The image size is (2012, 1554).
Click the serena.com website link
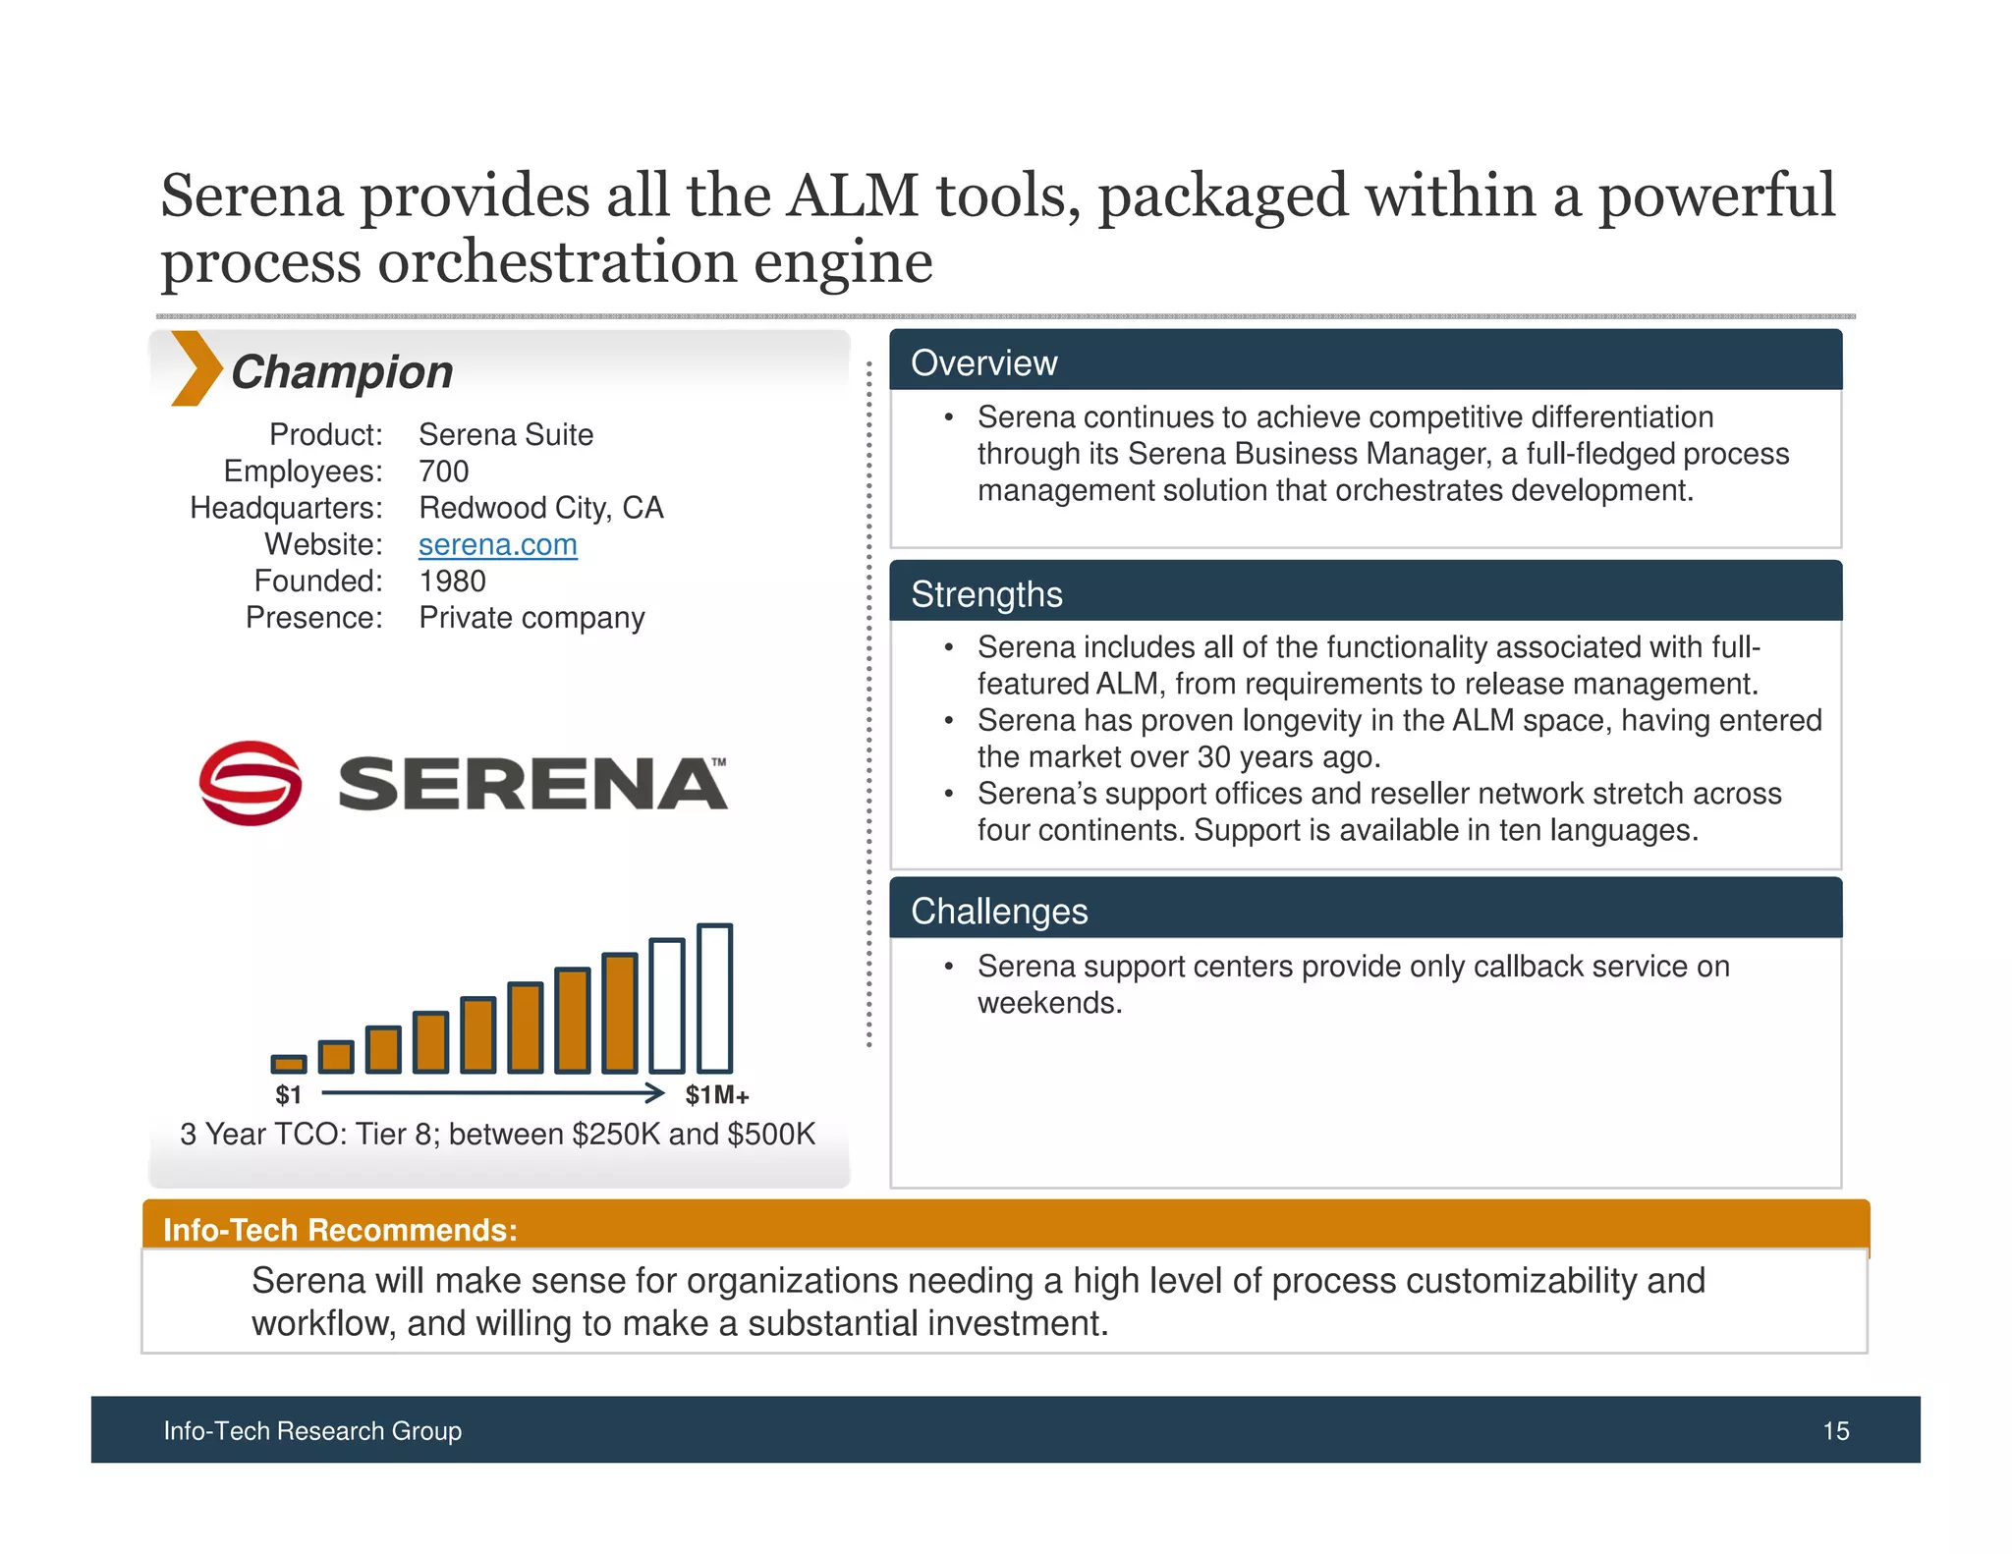(497, 544)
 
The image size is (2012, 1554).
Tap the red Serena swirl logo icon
(251, 783)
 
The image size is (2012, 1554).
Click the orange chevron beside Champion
(196, 369)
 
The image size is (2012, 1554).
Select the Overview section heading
(983, 362)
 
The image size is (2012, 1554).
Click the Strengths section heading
(986, 594)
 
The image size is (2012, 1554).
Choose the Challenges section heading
(999, 911)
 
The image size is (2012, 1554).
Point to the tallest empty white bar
(714, 998)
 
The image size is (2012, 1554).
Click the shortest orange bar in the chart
(289, 1064)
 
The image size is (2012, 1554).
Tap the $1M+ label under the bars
(716, 1095)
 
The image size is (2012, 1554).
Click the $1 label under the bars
(288, 1095)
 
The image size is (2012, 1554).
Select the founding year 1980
(452, 581)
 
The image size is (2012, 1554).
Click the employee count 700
(443, 471)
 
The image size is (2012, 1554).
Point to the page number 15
(1835, 1430)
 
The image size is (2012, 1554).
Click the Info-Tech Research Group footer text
(312, 1430)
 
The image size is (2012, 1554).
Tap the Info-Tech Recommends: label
(340, 1230)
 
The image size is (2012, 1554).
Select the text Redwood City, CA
(540, 508)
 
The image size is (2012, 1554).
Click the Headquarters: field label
(286, 508)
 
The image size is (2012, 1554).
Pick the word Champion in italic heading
(342, 372)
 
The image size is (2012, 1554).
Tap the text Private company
(531, 618)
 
